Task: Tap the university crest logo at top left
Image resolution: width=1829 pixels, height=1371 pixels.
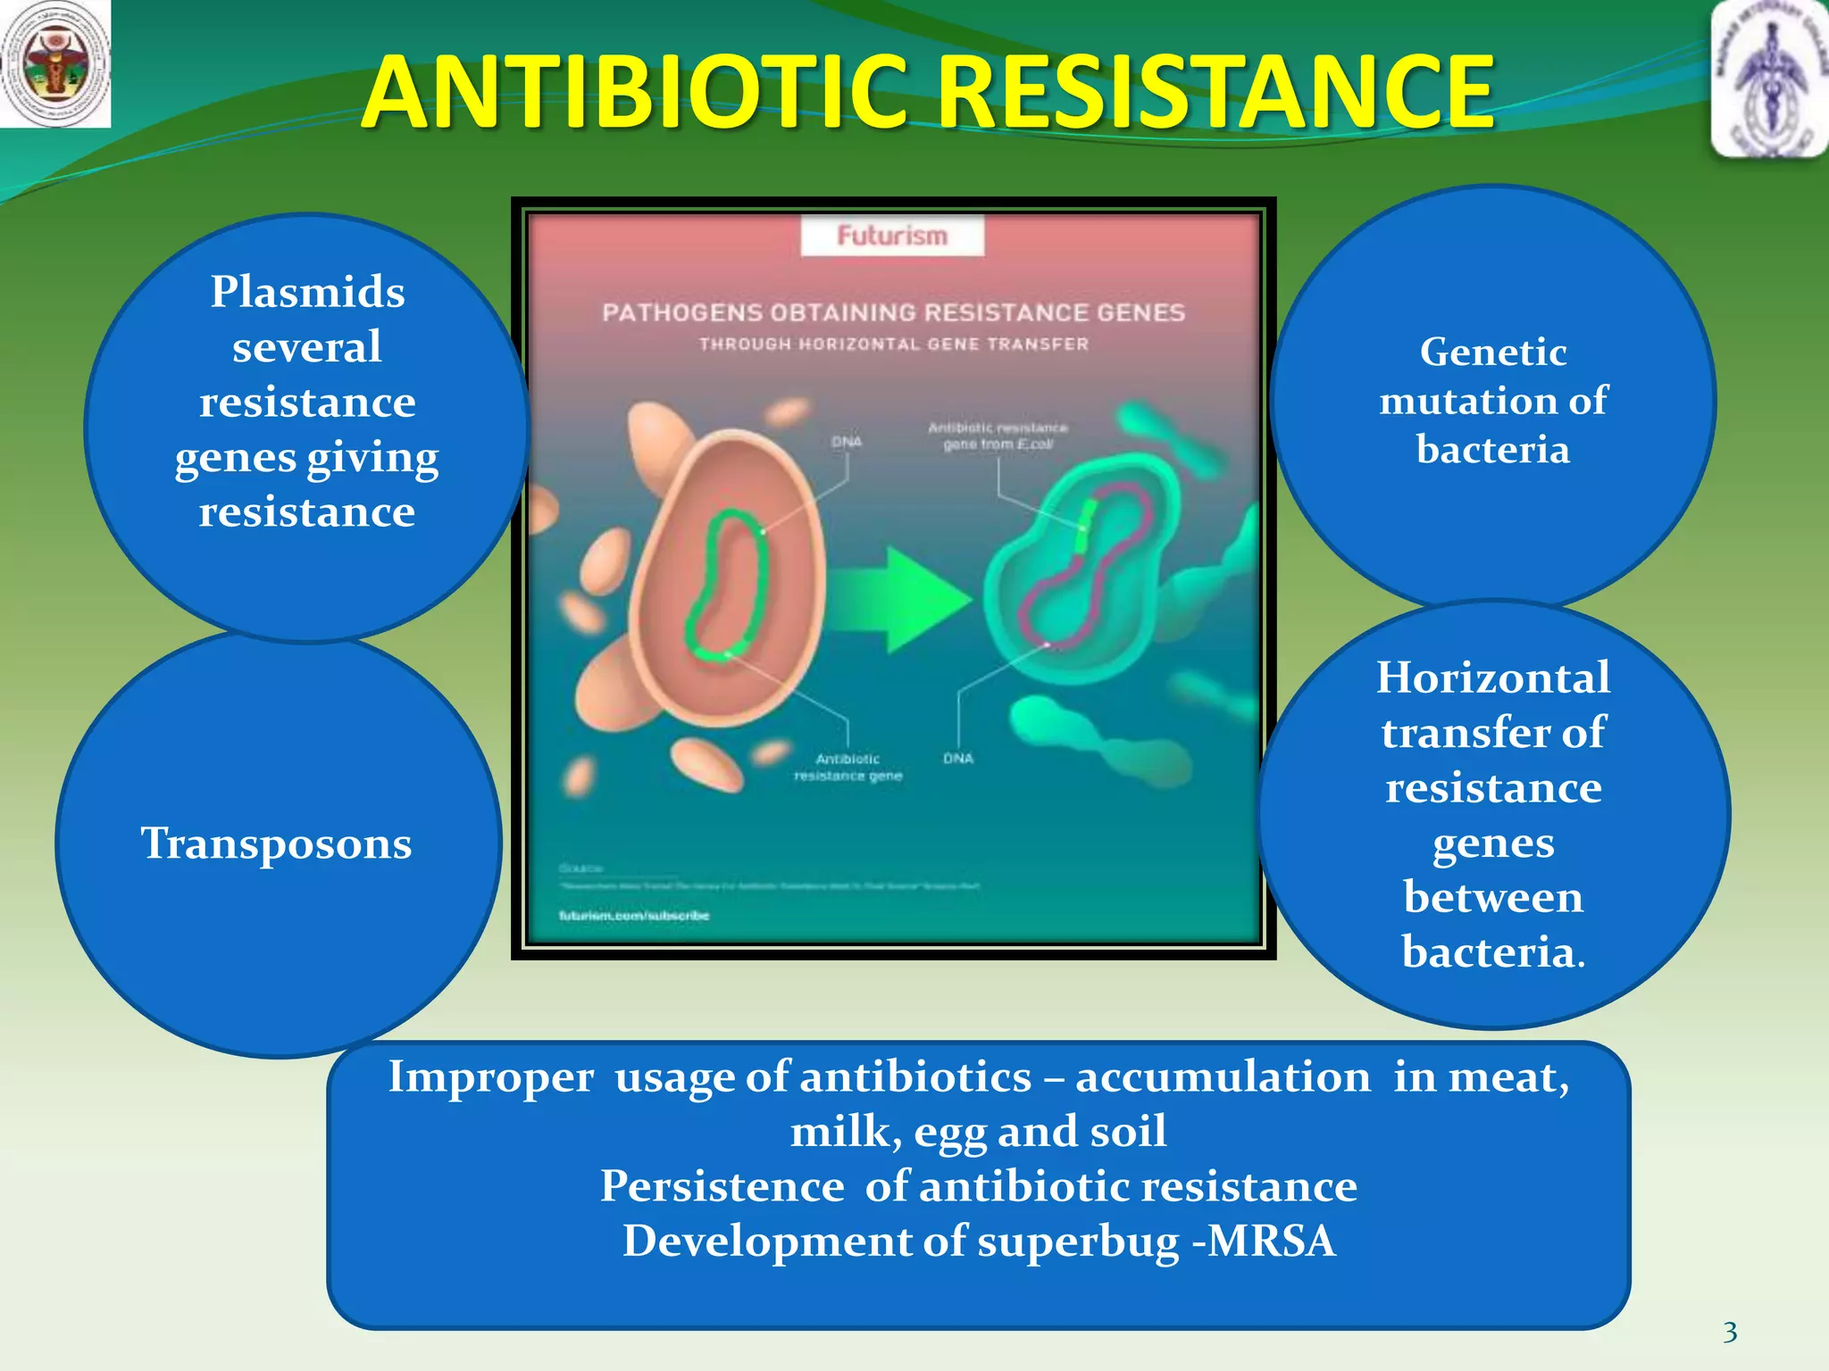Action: coord(55,63)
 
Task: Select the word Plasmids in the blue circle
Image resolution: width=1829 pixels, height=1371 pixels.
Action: coord(307,292)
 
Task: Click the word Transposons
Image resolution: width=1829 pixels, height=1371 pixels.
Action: coord(276,843)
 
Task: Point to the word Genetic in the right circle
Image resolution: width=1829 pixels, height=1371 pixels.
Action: coord(1493,352)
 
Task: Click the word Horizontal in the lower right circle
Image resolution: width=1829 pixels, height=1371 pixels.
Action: coord(1493,677)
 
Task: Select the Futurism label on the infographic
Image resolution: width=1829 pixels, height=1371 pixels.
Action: coord(892,236)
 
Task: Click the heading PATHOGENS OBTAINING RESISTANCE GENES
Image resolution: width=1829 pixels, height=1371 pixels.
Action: coord(893,312)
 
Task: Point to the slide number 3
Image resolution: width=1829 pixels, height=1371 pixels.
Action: coord(1730,1333)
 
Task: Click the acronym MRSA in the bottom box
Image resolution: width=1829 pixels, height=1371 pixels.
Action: coord(1271,1241)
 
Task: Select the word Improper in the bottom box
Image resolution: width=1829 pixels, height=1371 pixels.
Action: coord(490,1076)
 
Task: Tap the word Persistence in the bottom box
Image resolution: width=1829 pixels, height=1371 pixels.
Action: coord(722,1186)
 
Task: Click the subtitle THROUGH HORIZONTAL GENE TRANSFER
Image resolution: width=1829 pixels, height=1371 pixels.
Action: coord(893,345)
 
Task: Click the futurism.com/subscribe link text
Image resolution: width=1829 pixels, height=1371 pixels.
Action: coord(634,916)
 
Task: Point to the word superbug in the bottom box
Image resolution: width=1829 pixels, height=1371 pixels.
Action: coord(1078,1242)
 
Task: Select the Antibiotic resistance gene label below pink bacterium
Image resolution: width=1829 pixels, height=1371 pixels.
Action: coord(848,768)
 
